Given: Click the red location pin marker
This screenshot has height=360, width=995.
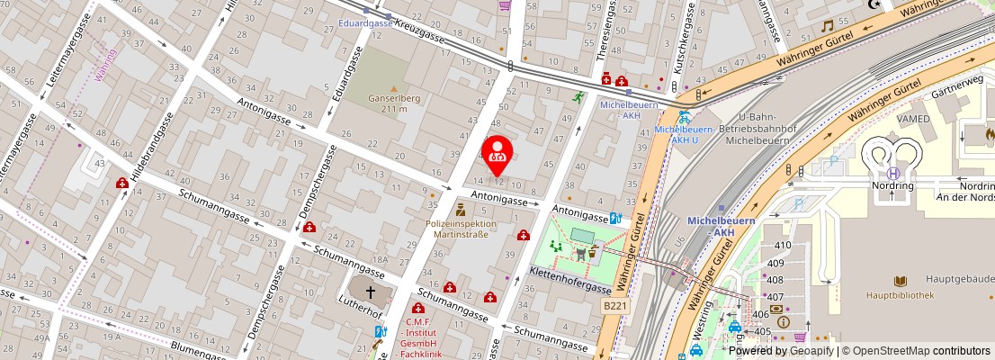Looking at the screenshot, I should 497,155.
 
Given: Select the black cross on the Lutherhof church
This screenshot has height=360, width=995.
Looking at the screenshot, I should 369,292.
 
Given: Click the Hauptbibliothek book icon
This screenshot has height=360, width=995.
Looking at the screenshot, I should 900,281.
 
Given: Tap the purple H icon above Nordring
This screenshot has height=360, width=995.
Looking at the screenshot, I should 892,174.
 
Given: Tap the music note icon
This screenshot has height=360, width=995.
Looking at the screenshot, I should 827,26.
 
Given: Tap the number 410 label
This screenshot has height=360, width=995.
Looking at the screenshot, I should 783,245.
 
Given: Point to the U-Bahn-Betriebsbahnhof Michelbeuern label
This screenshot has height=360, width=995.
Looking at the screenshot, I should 762,129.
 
